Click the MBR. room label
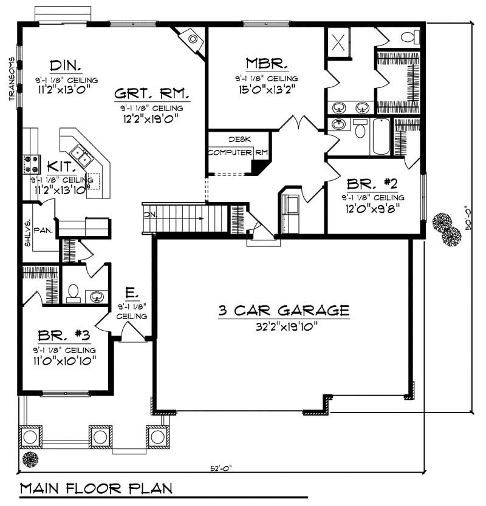coord(266,63)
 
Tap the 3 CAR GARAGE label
coord(284,311)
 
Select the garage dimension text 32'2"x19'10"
coord(284,326)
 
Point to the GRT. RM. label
coord(152,94)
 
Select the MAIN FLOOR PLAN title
coord(96,488)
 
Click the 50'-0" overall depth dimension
coord(467,224)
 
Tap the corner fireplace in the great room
coord(193,39)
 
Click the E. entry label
coord(130,294)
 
